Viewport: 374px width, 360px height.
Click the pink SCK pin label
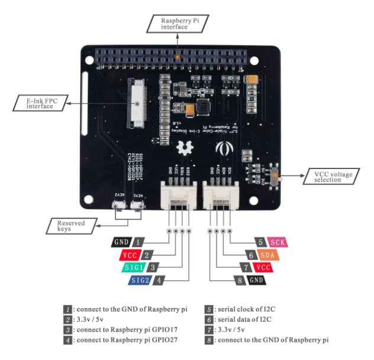pyautogui.click(x=277, y=242)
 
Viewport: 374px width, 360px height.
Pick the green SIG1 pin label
pyautogui.click(x=136, y=267)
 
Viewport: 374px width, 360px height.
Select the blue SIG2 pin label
pyautogui.click(x=141, y=280)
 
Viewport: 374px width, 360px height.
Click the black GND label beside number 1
pyautogui.click(x=121, y=242)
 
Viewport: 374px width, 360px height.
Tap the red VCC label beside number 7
pyautogui.click(x=264, y=267)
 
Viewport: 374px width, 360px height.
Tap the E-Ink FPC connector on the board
pyautogui.click(x=137, y=103)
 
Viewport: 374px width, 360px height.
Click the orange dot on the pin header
pyautogui.click(x=177, y=57)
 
